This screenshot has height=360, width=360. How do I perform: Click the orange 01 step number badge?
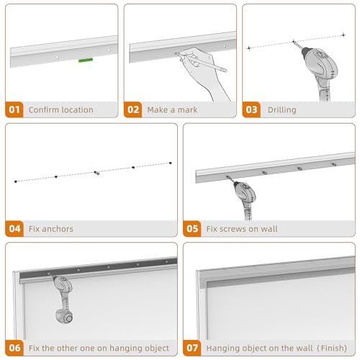click(14, 109)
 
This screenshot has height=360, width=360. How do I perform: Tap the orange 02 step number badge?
click(132, 109)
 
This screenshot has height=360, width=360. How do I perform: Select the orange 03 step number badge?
click(251, 109)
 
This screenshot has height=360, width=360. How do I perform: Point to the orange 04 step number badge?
click(14, 229)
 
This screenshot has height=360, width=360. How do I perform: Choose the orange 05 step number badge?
click(192, 229)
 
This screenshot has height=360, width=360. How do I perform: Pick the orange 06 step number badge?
click(14, 348)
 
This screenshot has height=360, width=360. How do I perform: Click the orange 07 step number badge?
click(192, 348)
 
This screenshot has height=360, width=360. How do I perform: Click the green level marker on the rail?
click(86, 60)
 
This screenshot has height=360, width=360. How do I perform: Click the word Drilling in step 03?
click(282, 110)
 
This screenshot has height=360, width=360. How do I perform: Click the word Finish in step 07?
click(333, 348)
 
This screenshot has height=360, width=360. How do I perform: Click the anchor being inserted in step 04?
click(96, 173)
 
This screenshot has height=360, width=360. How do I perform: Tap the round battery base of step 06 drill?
click(64, 316)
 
